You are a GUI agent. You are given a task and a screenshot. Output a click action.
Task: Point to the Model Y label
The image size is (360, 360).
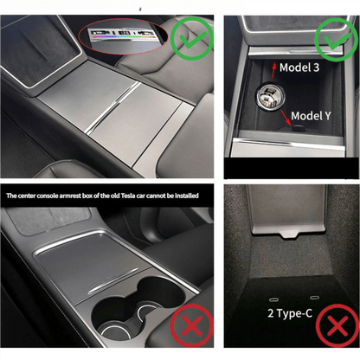(313, 115)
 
